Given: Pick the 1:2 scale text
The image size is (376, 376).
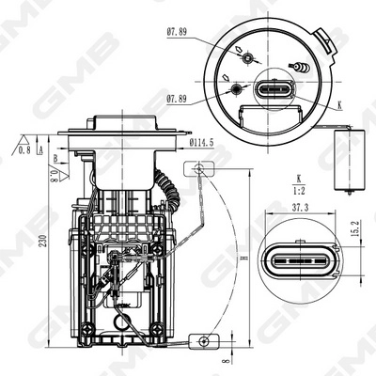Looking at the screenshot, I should click(300, 186).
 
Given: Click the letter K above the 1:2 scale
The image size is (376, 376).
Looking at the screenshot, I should click(300, 176).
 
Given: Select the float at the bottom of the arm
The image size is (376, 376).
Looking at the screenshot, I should click(203, 339).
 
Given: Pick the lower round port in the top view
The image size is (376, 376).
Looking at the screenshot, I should click(236, 90).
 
